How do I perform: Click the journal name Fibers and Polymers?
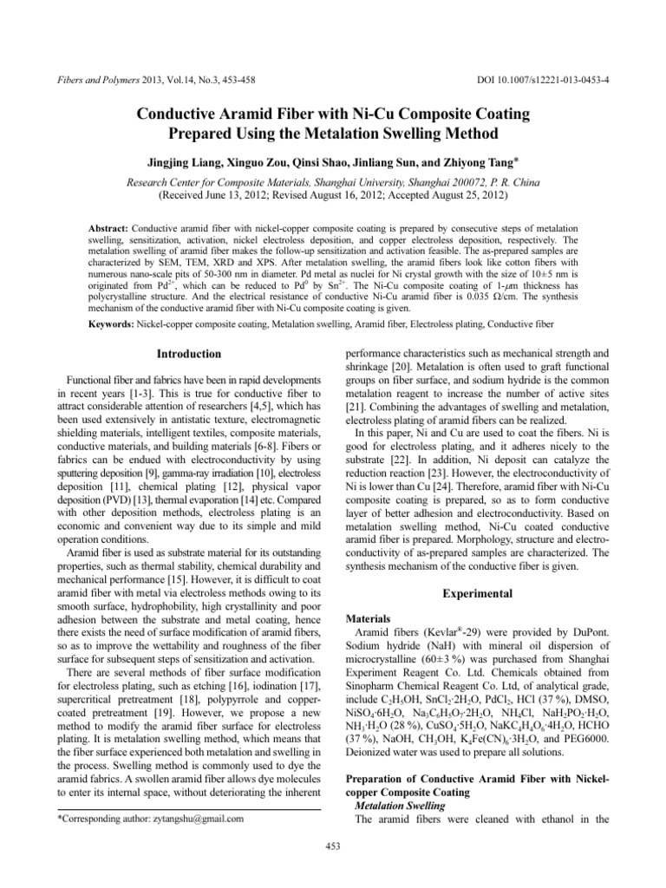93,80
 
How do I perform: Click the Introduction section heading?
189,354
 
